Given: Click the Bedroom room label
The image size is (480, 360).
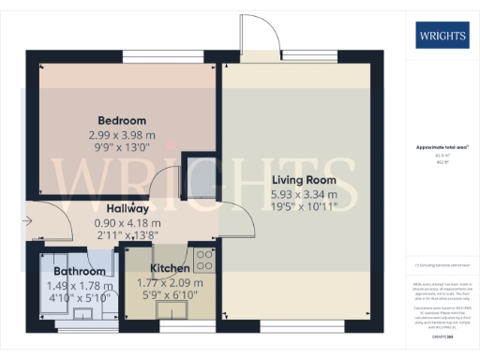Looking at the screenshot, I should [x=123, y=121].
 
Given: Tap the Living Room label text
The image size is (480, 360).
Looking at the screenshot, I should [x=305, y=180].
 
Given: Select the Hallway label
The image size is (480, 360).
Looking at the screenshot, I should [x=127, y=208].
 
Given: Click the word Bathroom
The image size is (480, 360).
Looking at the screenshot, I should [x=79, y=272].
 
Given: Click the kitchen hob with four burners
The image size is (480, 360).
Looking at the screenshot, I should [x=206, y=259].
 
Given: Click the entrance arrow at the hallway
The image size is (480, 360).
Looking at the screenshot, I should [x=29, y=221].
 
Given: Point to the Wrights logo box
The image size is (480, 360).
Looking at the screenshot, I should [x=440, y=37].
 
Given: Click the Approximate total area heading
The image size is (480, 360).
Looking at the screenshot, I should [x=442, y=148].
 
